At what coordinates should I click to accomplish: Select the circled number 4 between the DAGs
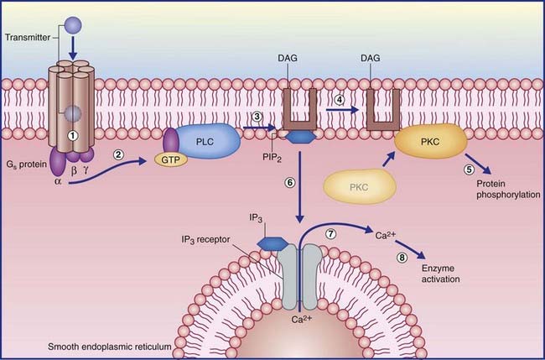[x=340, y=99]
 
